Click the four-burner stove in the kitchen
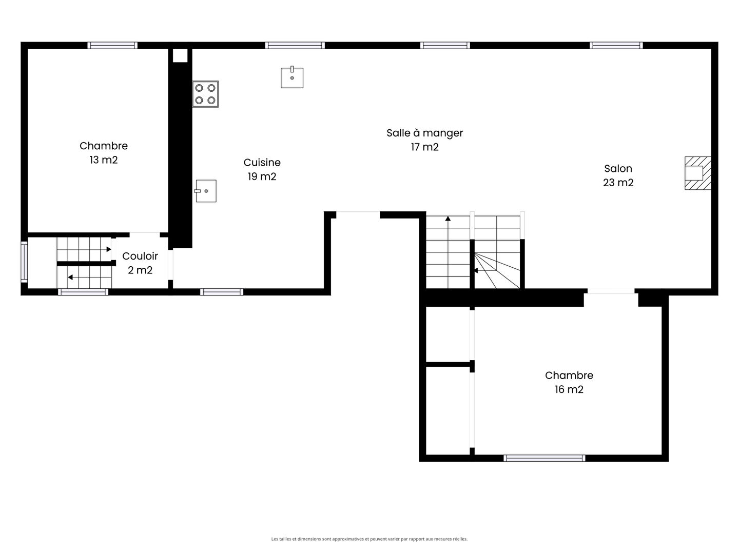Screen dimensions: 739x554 205,94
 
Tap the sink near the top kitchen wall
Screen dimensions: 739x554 292,77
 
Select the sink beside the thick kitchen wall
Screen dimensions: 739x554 205,191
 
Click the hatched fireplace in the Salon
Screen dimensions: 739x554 698,173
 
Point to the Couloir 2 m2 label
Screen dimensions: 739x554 140,263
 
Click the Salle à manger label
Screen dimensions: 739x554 424,133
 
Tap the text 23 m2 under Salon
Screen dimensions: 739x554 618,183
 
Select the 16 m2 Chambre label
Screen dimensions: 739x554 569,382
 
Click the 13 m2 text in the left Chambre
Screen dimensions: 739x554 104,160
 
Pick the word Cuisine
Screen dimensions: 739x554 262,163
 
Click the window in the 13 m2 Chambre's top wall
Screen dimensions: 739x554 112,46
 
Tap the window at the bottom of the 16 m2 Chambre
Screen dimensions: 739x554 544,458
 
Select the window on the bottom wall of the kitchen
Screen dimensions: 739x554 222,292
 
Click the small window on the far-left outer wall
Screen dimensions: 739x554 24,262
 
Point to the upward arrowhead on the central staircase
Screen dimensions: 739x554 448,219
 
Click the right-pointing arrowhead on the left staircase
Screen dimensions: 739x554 109,249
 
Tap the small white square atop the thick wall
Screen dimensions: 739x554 180,55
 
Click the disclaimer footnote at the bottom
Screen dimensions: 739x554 369,539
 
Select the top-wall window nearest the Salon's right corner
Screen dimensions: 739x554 616,46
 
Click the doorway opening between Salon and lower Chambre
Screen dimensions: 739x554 611,291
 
